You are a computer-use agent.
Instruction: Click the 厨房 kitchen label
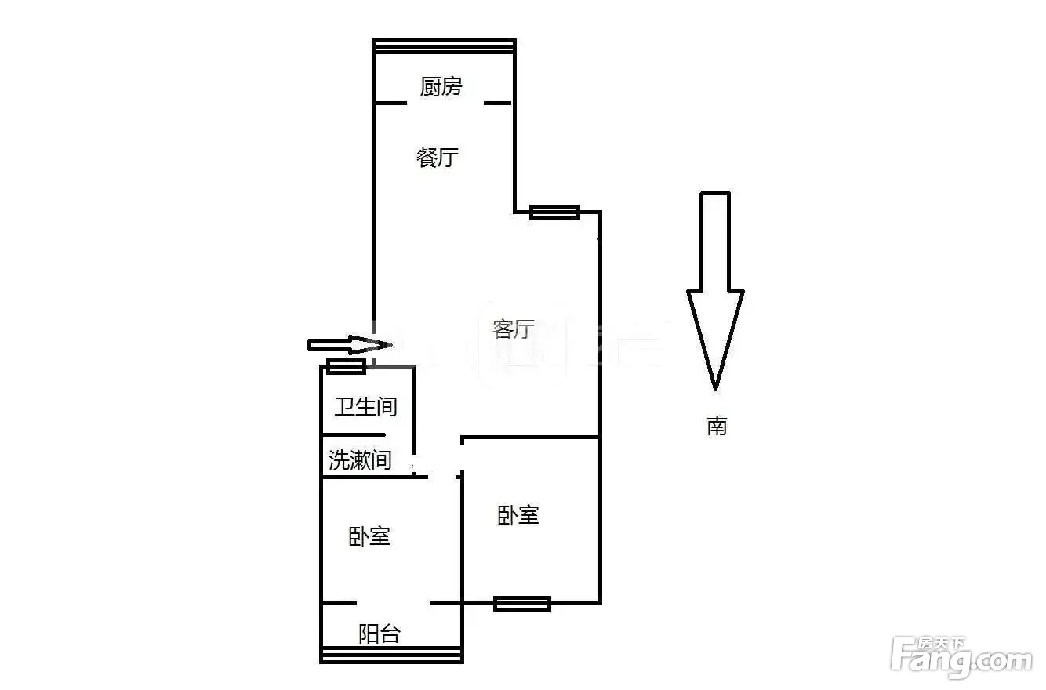click(x=441, y=86)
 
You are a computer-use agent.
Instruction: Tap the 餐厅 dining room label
click(x=437, y=158)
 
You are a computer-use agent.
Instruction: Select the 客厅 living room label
click(x=514, y=329)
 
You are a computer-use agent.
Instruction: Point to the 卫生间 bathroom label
click(x=365, y=407)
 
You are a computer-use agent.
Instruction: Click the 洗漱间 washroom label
click(x=360, y=459)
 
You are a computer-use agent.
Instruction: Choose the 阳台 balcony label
click(x=380, y=634)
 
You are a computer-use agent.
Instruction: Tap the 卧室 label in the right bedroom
click(x=518, y=515)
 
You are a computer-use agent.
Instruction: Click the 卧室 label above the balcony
click(x=369, y=536)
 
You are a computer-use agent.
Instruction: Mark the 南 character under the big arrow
click(x=717, y=427)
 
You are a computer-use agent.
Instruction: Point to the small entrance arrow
click(x=350, y=345)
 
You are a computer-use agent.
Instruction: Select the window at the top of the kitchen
click(x=444, y=46)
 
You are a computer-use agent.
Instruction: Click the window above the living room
click(x=554, y=212)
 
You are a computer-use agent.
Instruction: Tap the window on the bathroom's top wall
click(x=346, y=366)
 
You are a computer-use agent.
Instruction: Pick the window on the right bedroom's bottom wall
click(x=522, y=604)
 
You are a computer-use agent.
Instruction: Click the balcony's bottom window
click(x=391, y=655)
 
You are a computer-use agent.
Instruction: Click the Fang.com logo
click(x=961, y=657)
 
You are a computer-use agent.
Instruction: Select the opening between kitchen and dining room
click(x=445, y=103)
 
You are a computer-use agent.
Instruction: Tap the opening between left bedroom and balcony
click(x=393, y=604)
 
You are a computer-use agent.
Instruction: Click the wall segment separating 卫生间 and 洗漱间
click(x=354, y=435)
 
